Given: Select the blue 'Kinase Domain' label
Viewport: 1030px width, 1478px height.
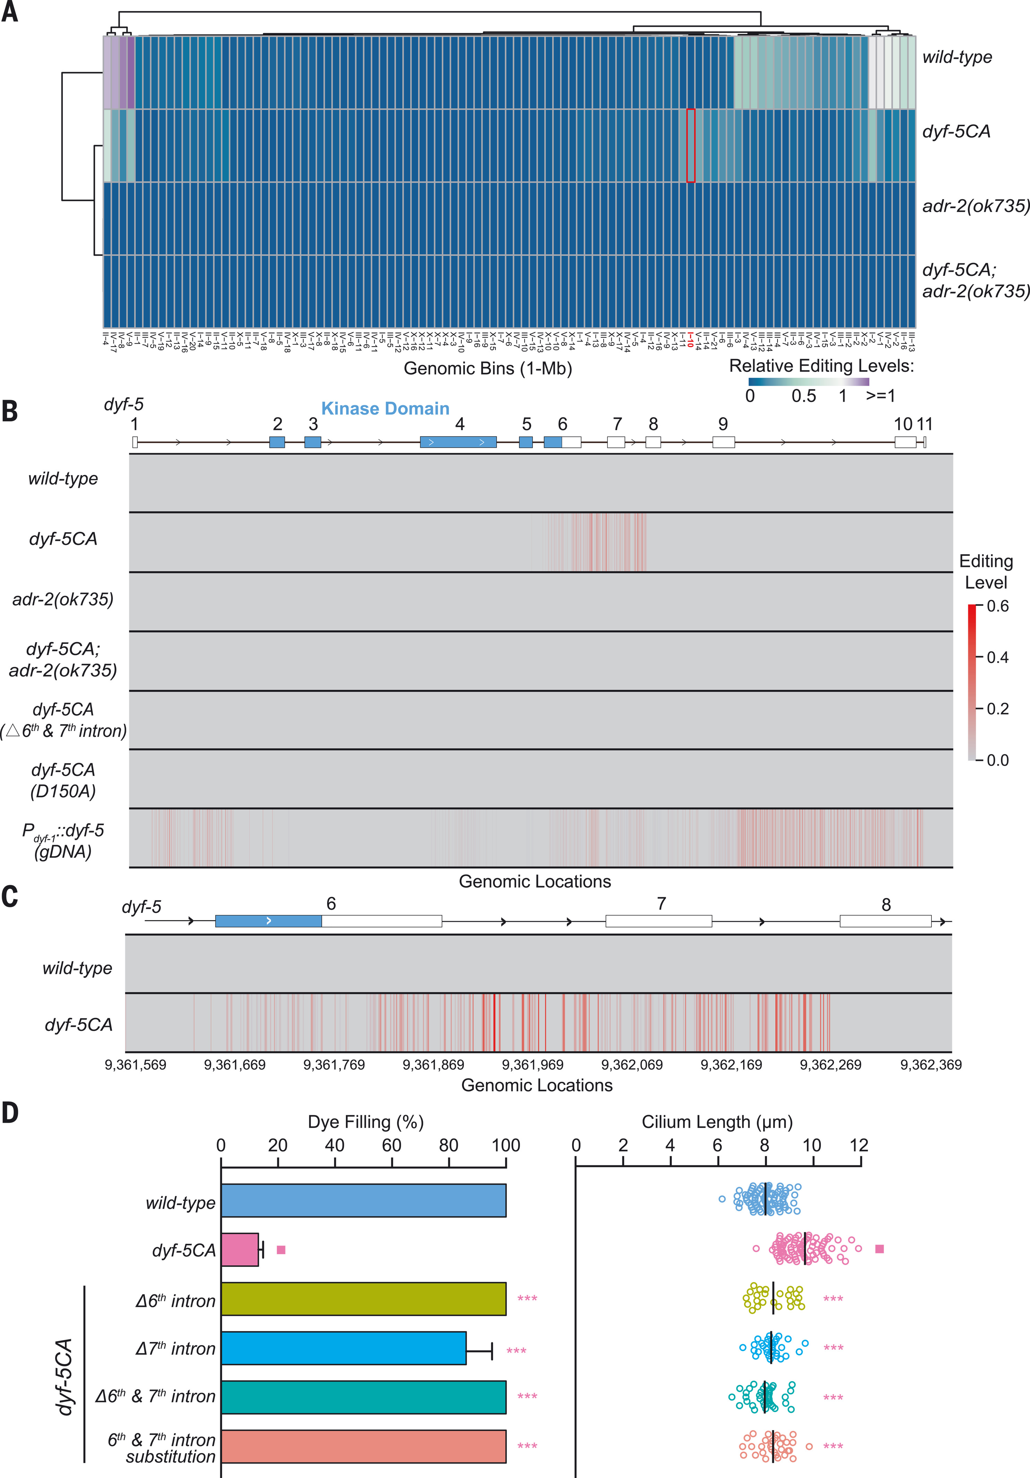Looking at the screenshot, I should (x=385, y=409).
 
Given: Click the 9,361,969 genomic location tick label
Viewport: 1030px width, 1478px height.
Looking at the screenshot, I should (x=533, y=1065).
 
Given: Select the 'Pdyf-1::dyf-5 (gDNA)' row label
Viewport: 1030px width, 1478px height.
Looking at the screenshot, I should (x=63, y=841).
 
